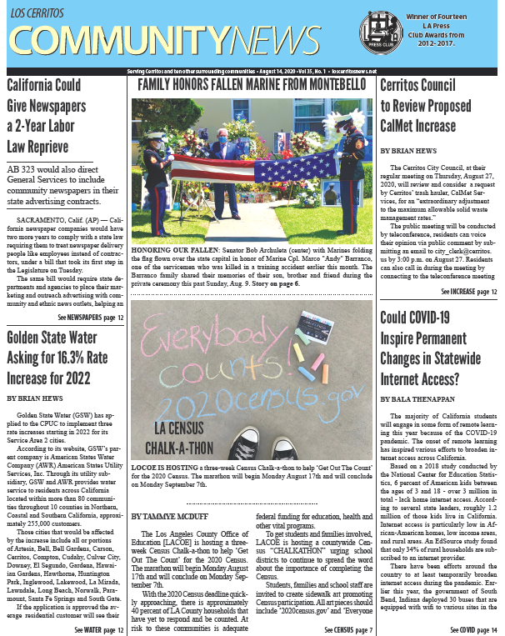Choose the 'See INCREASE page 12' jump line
[x=468, y=292]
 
